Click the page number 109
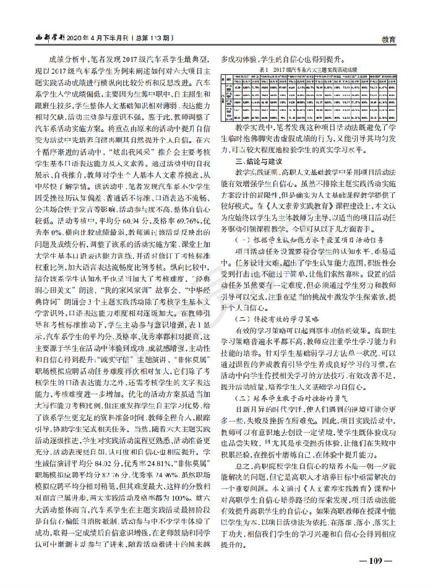376,562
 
